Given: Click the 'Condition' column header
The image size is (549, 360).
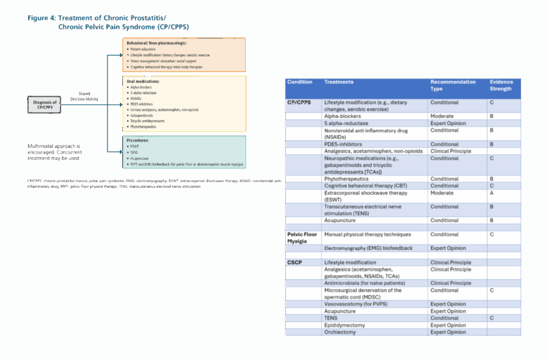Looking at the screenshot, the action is tap(300, 82).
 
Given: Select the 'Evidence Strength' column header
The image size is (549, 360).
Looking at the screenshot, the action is tap(501, 86).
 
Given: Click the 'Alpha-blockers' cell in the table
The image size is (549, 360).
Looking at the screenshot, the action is tap(342, 115).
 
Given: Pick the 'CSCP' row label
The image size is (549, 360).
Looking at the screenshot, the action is tap(295, 262).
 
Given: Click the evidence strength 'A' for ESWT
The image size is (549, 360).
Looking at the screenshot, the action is tap(491, 193).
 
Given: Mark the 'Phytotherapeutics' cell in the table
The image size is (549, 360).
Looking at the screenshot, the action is tap(347, 179).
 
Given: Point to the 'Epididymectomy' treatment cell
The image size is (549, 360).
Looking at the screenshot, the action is tap(346, 325).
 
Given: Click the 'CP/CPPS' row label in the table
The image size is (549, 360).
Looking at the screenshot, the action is tap(300, 103).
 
